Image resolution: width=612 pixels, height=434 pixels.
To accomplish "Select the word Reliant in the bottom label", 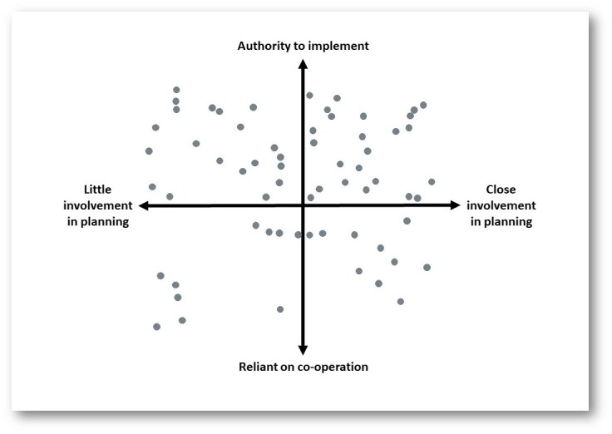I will point(259,366).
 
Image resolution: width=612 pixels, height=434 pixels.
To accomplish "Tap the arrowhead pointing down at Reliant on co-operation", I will point(303,349).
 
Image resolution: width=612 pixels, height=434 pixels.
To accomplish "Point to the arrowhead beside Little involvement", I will point(144,205).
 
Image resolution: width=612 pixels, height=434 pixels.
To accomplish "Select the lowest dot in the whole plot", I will point(156,327).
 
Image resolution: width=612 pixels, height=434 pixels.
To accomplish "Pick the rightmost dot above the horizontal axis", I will point(432,181).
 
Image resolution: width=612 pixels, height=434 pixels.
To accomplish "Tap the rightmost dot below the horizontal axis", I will point(427,267).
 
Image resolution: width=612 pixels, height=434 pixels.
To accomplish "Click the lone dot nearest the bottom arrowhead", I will point(280,309).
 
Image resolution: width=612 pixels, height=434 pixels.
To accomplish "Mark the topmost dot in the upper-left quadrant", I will point(176,90).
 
